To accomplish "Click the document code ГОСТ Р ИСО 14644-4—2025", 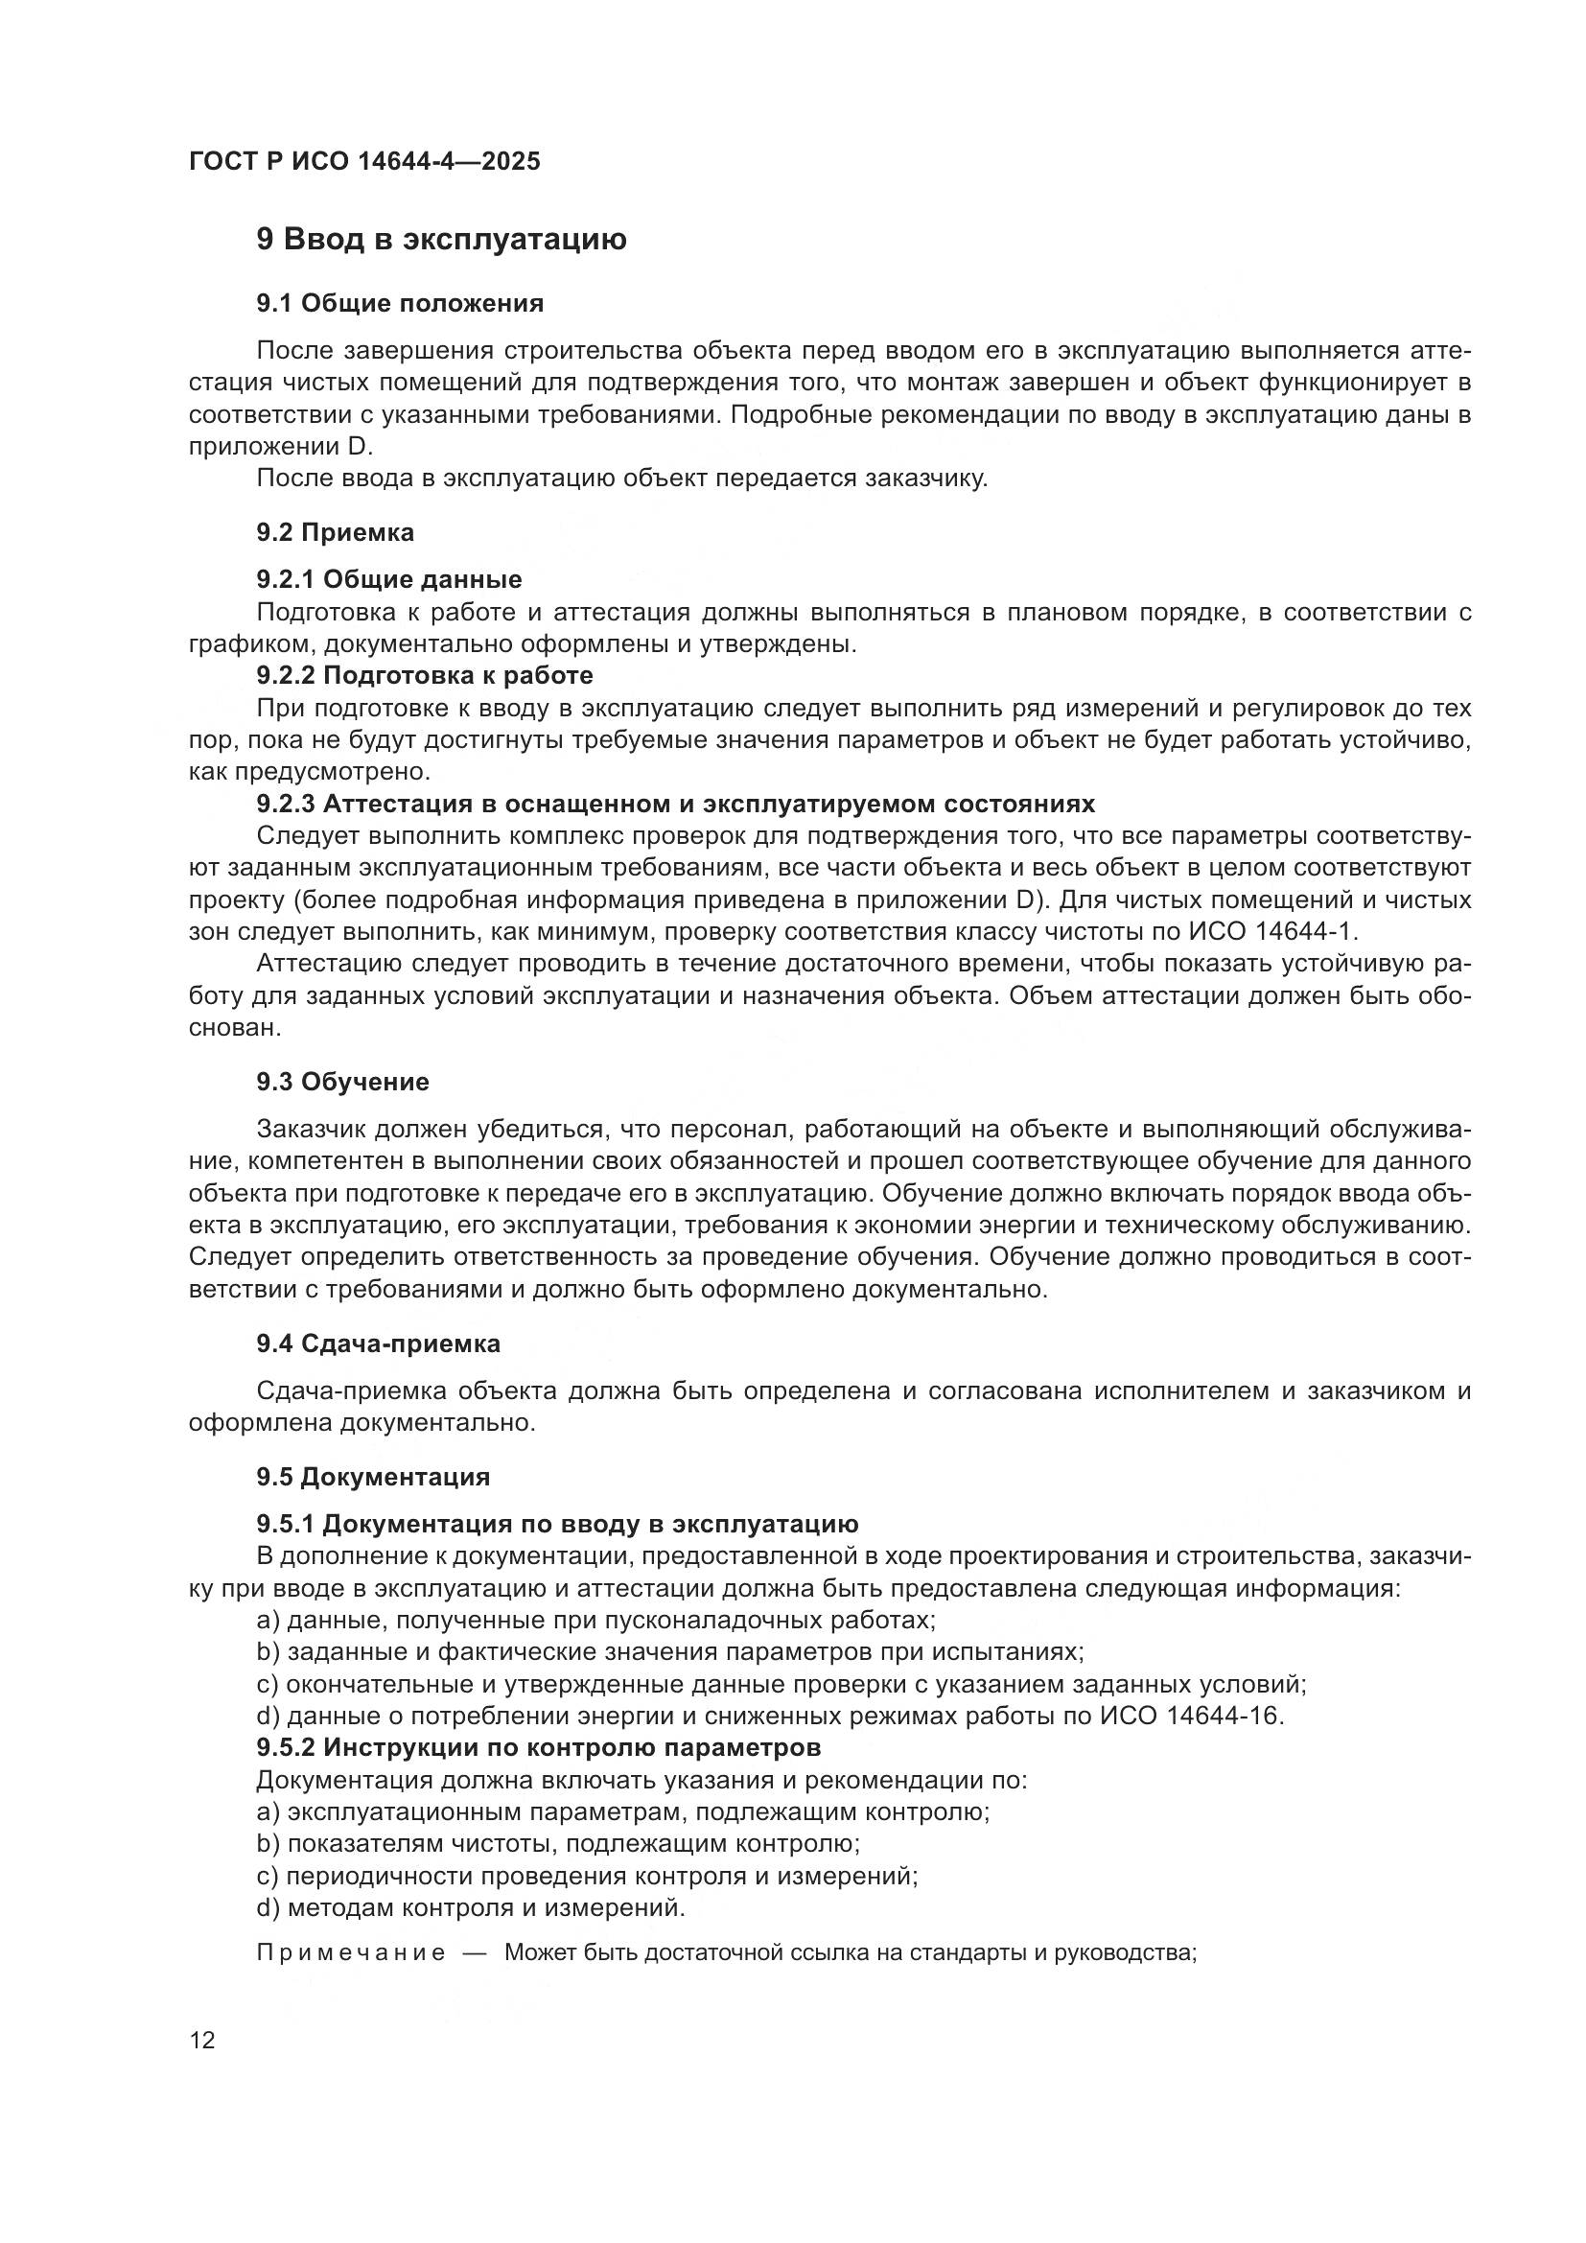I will pyautogui.click(x=364, y=161).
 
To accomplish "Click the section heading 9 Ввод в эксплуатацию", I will pyautogui.click(x=441, y=240).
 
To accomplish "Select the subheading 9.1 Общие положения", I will pyautogui.click(x=401, y=304).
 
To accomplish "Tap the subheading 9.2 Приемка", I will pyautogui.click(x=335, y=532).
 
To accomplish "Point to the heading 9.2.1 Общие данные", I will pyautogui.click(x=388, y=579).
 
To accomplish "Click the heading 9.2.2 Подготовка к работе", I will pyautogui.click(x=425, y=675).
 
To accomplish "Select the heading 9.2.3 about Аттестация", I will pyautogui.click(x=676, y=804).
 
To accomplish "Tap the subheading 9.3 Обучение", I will pyautogui.click(x=342, y=1082).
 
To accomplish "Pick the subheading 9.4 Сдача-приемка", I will pyautogui.click(x=379, y=1343).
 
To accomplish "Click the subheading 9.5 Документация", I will pyautogui.click(x=373, y=1476).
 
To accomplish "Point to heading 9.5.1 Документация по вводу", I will pyautogui.click(x=558, y=1524).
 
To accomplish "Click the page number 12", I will pyautogui.click(x=202, y=2040).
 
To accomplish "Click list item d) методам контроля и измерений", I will pyautogui.click(x=471, y=1907).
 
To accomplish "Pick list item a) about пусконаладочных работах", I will pyautogui.click(x=595, y=1620).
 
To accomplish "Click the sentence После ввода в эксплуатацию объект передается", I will pyautogui.click(x=622, y=479).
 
